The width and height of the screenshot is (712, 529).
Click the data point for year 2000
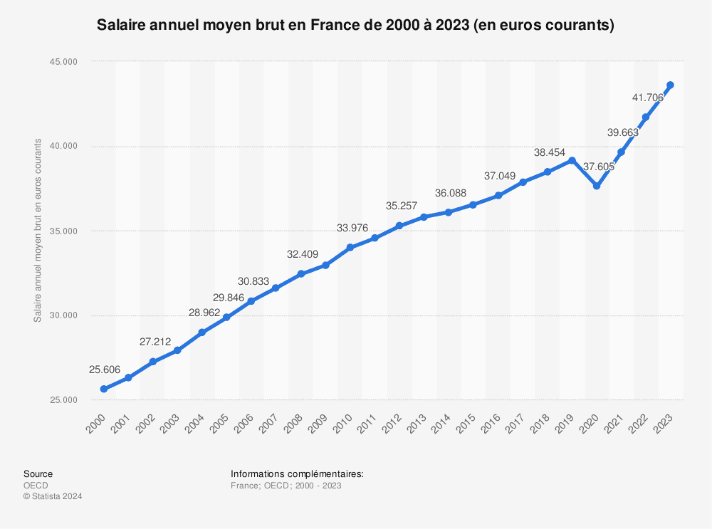pyautogui.click(x=103, y=389)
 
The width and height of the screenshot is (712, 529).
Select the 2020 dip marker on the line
pyautogui.click(x=597, y=186)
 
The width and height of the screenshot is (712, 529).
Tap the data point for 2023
pyautogui.click(x=670, y=85)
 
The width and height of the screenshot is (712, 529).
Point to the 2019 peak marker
pyautogui.click(x=572, y=160)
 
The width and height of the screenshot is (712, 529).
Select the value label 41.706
pyautogui.click(x=649, y=98)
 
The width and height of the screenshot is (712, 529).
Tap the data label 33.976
pyautogui.click(x=352, y=228)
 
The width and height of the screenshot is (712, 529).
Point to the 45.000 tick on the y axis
pyautogui.click(x=63, y=62)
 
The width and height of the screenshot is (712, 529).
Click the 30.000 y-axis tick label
pyautogui.click(x=63, y=316)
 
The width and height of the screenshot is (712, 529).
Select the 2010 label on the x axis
pyautogui.click(x=344, y=423)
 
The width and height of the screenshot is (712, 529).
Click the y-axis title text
pyautogui.click(x=38, y=231)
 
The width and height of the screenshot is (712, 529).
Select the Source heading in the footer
pyautogui.click(x=38, y=474)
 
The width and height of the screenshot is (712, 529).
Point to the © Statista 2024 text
pyautogui.click(x=53, y=497)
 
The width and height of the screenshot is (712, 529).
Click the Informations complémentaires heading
pyautogui.click(x=297, y=474)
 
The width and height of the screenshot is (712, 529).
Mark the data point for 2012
pyautogui.click(x=399, y=226)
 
